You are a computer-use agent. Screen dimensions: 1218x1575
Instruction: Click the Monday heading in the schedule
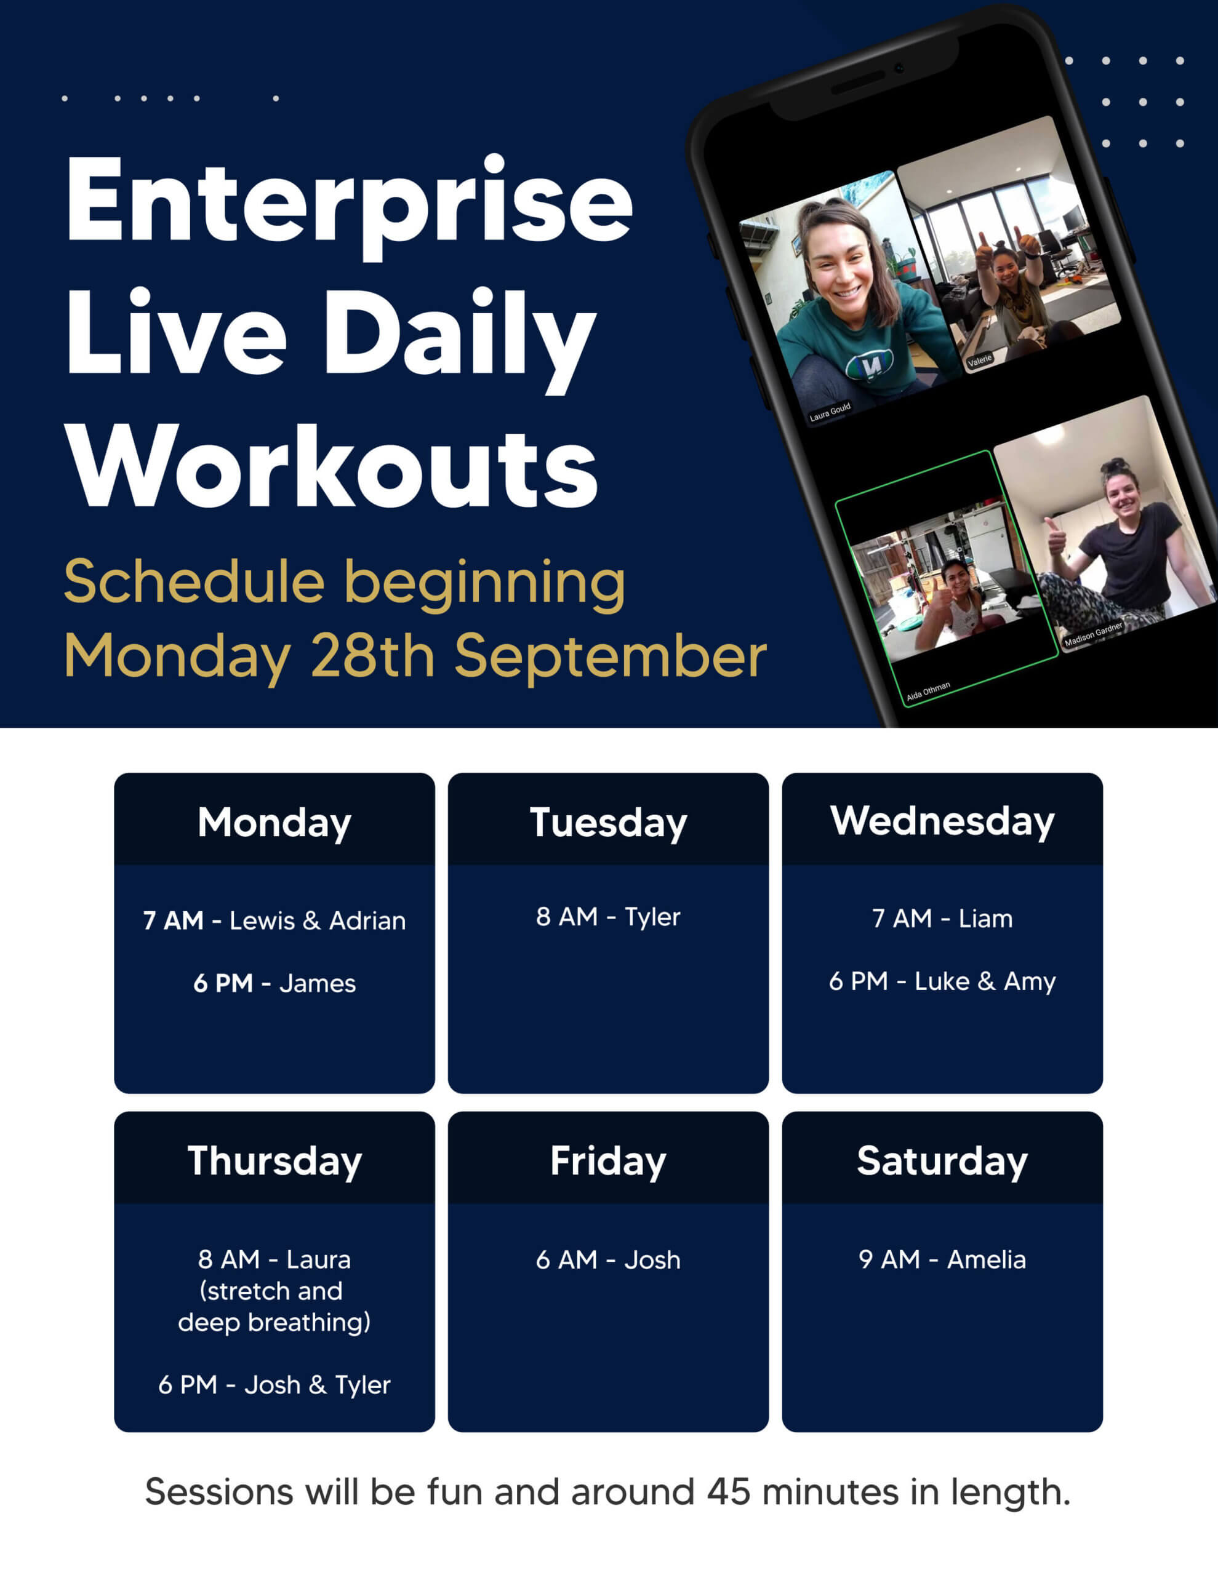click(274, 823)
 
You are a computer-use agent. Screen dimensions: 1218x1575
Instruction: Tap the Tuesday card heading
click(608, 823)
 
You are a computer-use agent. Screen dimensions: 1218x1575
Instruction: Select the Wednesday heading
click(942, 821)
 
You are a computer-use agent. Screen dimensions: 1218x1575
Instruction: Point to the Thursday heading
click(274, 1161)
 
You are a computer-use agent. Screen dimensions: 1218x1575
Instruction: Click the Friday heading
click(608, 1161)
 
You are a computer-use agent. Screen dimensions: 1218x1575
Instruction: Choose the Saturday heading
click(942, 1161)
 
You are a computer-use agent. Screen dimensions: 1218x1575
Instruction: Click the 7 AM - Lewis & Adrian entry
click(274, 921)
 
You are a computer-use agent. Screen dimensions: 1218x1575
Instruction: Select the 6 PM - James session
click(274, 984)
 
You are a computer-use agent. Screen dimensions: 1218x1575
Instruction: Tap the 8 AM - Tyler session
click(608, 917)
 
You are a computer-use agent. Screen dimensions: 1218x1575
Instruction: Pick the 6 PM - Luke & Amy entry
click(942, 981)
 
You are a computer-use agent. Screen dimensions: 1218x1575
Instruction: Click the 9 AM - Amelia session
click(942, 1260)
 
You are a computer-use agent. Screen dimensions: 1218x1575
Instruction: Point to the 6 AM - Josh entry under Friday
click(608, 1260)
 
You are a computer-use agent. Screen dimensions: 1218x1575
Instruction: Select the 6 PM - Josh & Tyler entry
click(274, 1386)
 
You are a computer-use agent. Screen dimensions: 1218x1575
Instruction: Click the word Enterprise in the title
click(349, 205)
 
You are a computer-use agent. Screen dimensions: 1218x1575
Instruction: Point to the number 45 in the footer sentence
click(729, 1492)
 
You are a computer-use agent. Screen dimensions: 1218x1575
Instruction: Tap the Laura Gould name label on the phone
click(830, 412)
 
